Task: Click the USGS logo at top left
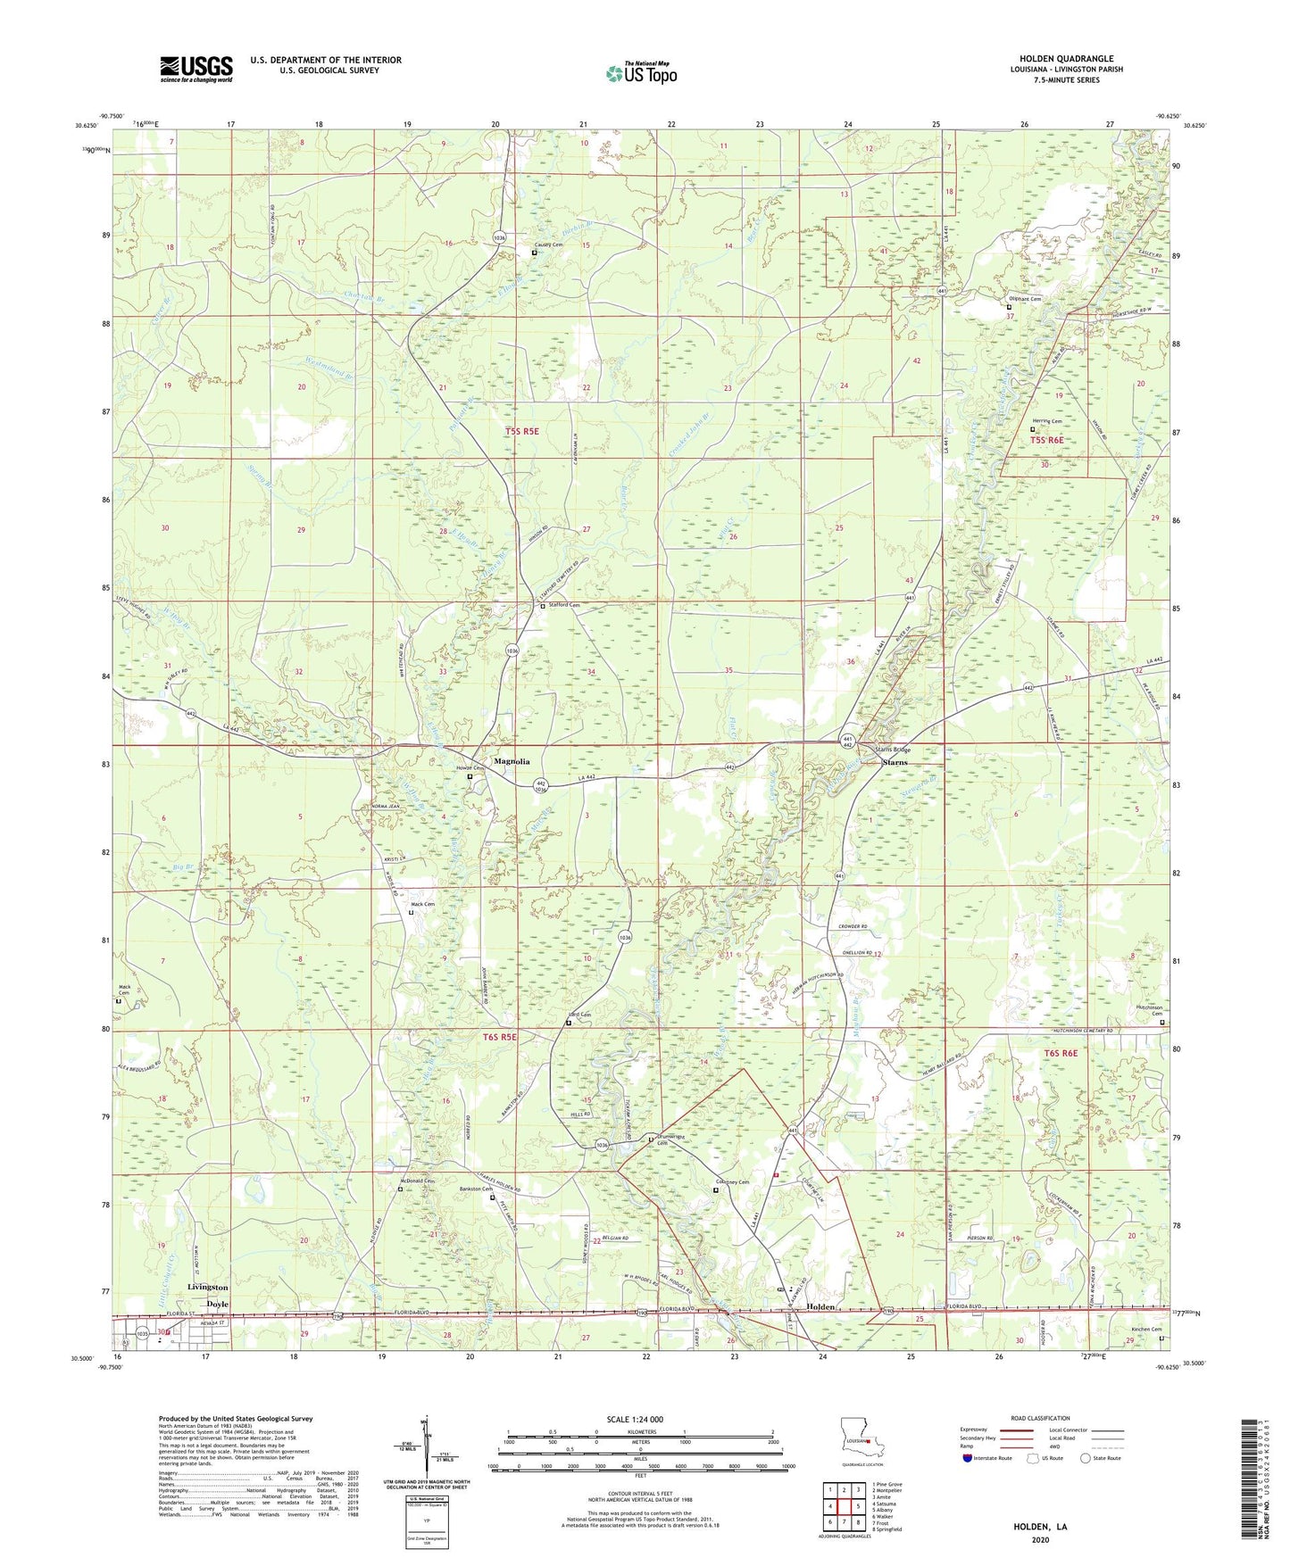[x=196, y=69]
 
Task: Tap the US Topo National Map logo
[x=641, y=73]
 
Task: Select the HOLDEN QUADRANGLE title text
[x=1066, y=59]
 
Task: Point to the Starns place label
[x=895, y=762]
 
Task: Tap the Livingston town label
[x=208, y=1288]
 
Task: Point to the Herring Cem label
[x=1050, y=421]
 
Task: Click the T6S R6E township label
[x=1061, y=1054]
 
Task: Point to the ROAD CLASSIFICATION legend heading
[x=1039, y=1418]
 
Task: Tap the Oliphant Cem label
[x=1025, y=299]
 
